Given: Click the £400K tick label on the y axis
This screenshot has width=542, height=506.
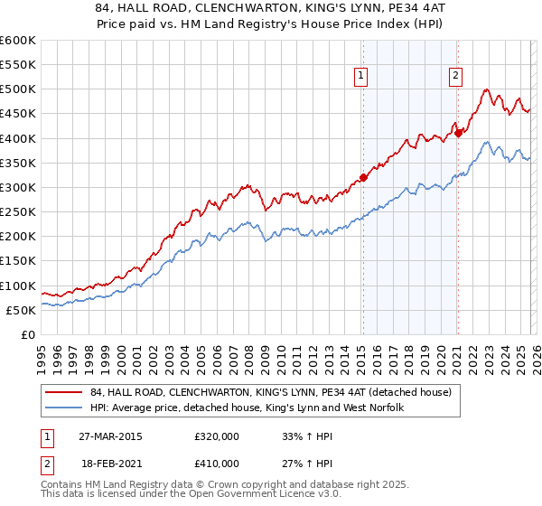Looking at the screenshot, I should pyautogui.click(x=18, y=138).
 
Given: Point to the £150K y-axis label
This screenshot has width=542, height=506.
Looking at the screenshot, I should pyautogui.click(x=18, y=261).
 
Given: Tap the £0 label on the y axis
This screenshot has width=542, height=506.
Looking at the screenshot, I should pyautogui.click(x=27, y=334).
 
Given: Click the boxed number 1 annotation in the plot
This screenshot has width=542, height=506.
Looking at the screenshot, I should pyautogui.click(x=360, y=77).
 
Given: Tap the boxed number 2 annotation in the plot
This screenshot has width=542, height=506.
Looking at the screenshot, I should pyautogui.click(x=455, y=77).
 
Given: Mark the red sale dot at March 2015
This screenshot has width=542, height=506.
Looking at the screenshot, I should pyautogui.click(x=363, y=177).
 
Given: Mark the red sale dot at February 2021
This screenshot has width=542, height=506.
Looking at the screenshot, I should pyautogui.click(x=458, y=133).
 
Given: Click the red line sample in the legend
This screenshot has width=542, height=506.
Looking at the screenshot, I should pyautogui.click(x=64, y=392).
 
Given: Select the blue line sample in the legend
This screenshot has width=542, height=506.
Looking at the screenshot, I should pyautogui.click(x=64, y=408).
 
